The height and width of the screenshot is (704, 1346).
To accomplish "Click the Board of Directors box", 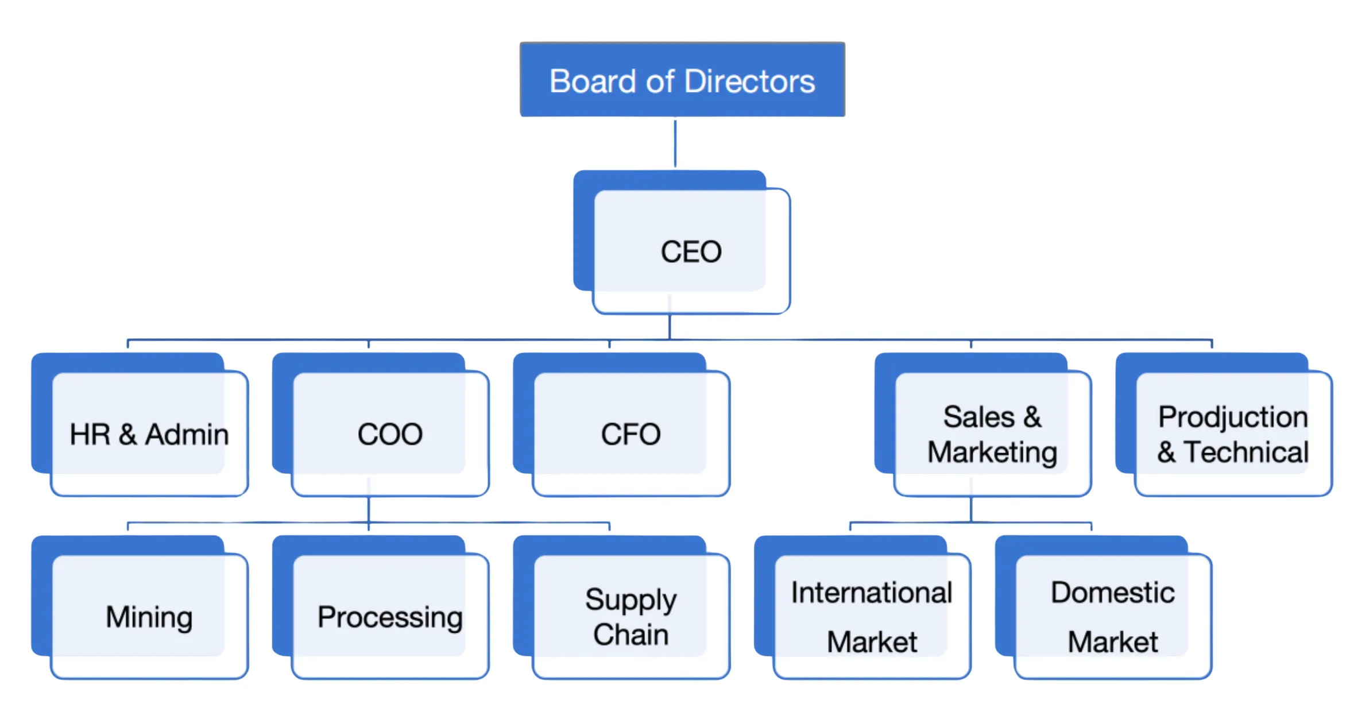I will point(682,80).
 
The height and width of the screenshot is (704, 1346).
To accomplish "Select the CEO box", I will point(690,252).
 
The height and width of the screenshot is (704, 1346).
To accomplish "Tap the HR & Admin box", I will point(149,434).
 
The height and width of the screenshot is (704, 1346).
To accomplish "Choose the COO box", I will point(390,434).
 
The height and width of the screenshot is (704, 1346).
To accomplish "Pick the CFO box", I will point(631,434).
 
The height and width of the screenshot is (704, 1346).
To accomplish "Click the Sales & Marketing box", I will point(992,434).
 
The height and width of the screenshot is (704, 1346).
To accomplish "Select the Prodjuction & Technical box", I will point(1232,434).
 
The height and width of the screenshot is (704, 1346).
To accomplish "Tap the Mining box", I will point(149,617).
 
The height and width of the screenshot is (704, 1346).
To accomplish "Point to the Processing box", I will point(390,617).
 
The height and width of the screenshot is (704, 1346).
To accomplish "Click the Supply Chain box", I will point(631,617).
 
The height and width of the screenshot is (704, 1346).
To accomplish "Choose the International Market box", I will point(871,617).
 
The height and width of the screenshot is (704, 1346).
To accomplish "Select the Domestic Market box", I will point(1112,617).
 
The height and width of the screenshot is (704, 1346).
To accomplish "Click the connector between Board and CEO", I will point(675,144).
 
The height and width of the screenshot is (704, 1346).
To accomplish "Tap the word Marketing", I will point(992,452).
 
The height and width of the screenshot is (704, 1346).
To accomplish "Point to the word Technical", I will point(1246,452).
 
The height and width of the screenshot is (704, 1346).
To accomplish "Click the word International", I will point(871,593).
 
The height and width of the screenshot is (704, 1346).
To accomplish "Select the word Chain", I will point(631,635).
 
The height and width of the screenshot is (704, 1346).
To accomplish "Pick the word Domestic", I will point(1112,593).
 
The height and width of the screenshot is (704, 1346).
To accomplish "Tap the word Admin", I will point(187,435).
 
